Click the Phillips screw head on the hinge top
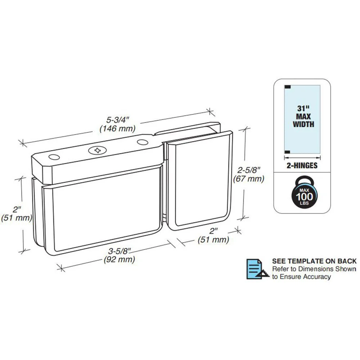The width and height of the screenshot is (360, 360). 97,150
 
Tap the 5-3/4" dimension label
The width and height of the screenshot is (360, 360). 118,120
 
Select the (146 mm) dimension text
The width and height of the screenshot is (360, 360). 118,129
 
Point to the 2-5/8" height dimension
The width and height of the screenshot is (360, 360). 249,170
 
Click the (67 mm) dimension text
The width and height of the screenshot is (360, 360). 249,179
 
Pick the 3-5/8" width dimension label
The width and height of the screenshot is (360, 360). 120,251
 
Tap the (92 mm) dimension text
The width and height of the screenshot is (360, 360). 120,260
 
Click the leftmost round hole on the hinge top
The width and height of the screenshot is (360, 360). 54,157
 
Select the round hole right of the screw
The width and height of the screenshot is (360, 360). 143,142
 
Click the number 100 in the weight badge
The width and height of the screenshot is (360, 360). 304,197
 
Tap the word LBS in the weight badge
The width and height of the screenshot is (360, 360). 304,203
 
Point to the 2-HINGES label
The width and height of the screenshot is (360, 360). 302,166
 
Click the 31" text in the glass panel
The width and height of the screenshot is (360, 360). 303,109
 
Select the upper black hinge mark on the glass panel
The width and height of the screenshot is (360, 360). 288,87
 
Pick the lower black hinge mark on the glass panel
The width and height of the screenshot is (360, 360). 288,152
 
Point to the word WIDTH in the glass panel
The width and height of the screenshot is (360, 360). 303,124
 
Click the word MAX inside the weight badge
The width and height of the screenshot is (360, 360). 304,190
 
